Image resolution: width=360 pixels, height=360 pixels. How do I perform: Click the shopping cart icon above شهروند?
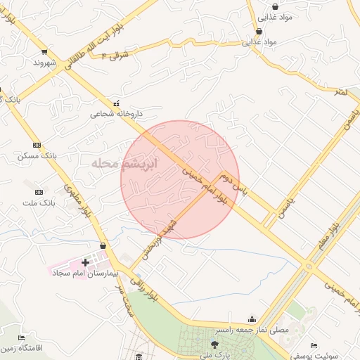44,51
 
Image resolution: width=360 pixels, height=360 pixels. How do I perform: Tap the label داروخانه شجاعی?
116,113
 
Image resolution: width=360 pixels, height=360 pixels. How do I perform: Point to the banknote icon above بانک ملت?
38,192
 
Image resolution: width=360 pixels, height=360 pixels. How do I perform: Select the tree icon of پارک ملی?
214,344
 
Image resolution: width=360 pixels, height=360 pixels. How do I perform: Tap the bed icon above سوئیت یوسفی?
314,345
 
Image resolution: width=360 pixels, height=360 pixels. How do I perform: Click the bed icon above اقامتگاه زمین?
21,337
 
